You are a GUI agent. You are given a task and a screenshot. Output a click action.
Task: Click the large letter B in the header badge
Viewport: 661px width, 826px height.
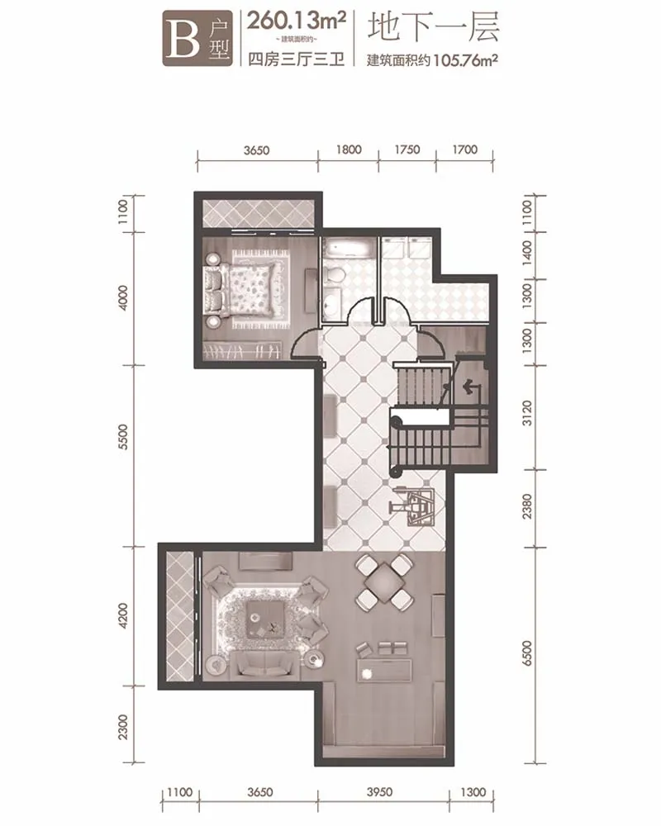(183, 39)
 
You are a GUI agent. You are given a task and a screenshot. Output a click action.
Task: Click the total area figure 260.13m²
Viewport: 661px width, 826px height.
(297, 21)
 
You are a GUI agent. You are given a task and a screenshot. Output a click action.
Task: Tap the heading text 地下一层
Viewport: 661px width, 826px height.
(433, 27)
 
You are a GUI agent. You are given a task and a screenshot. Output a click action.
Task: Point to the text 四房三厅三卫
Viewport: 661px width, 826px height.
(297, 59)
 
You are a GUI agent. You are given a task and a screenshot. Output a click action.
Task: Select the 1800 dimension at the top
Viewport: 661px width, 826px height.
(349, 150)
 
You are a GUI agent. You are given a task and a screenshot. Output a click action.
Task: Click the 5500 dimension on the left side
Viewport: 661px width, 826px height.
(123, 436)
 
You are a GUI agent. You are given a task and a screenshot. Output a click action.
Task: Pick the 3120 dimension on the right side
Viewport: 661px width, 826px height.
(527, 413)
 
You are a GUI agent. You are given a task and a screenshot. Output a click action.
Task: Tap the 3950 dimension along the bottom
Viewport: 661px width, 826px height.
(379, 792)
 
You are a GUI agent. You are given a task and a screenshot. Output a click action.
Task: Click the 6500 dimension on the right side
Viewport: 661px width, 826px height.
(527, 653)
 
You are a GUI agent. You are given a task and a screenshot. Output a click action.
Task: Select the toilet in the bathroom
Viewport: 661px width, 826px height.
(334, 274)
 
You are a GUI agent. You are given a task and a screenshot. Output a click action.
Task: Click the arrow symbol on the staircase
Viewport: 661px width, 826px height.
(471, 388)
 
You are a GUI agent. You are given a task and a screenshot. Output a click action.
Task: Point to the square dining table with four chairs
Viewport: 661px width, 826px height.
(383, 582)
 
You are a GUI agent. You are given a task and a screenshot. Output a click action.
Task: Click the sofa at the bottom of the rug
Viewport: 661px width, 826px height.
(266, 664)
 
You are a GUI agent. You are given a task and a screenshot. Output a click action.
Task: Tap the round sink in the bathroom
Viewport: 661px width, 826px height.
(333, 303)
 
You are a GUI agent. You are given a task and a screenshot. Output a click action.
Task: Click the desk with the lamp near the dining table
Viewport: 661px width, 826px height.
(384, 670)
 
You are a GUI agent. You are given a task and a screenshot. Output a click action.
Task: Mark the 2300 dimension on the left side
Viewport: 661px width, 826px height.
(123, 726)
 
